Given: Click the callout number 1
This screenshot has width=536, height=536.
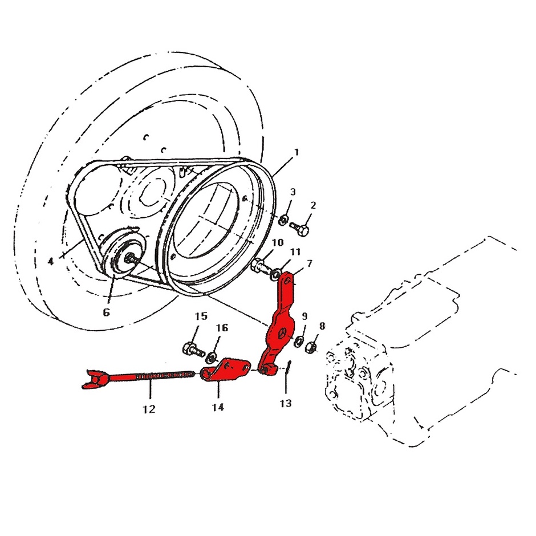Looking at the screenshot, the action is pyautogui.click(x=297, y=152).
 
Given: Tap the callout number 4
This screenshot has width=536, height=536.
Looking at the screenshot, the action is pyautogui.click(x=51, y=262).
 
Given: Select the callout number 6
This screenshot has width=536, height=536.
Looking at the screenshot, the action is pyautogui.click(x=106, y=312).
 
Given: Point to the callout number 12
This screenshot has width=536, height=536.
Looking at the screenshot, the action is pyautogui.click(x=149, y=409).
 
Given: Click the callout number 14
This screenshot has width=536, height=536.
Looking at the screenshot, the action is pyautogui.click(x=218, y=407).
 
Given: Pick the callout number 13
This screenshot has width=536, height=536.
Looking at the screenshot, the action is pyautogui.click(x=286, y=403).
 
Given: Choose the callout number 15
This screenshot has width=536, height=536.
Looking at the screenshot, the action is pyautogui.click(x=201, y=316).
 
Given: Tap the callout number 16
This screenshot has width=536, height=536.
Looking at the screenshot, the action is pyautogui.click(x=222, y=327).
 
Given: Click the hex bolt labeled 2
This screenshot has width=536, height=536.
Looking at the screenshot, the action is pyautogui.click(x=300, y=228).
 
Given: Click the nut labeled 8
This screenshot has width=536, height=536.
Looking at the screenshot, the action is pyautogui.click(x=311, y=348).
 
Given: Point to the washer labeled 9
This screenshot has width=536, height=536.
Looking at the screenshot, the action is pyautogui.click(x=298, y=341).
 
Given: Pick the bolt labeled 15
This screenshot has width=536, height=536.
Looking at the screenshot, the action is pyautogui.click(x=193, y=350).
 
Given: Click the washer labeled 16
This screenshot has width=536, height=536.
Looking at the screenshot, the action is pyautogui.click(x=212, y=358).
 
